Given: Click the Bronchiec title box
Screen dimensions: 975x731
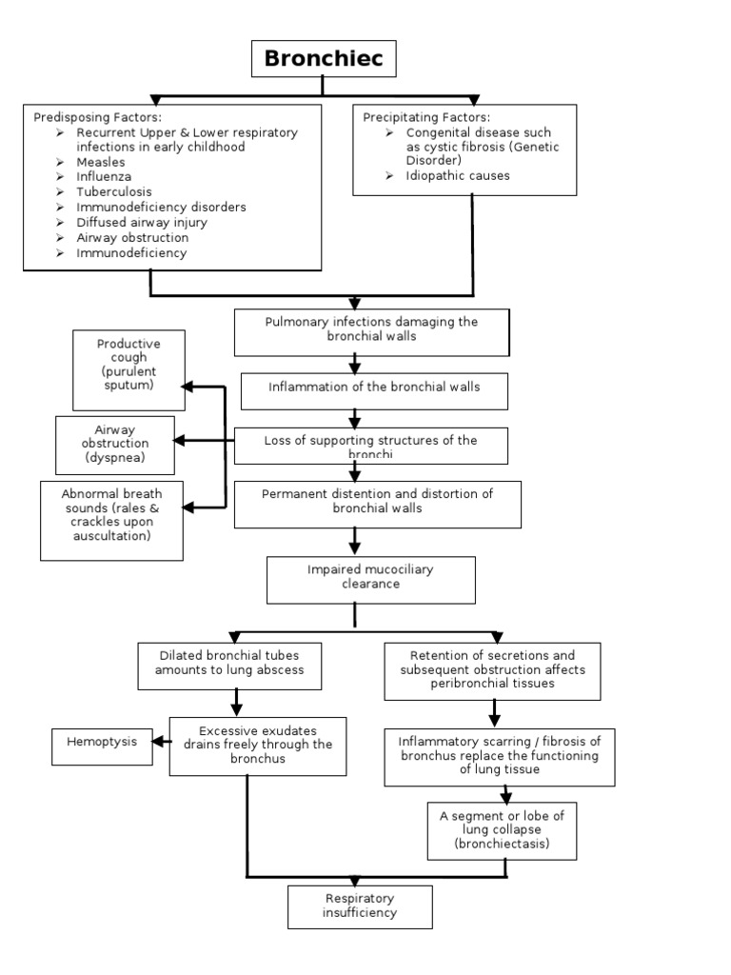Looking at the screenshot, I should point(323,59).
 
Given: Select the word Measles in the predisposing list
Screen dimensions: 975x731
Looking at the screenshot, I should point(100,162).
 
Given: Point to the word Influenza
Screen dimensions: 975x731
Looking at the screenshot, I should point(104,177).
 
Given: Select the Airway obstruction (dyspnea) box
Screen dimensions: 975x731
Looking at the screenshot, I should point(115,444).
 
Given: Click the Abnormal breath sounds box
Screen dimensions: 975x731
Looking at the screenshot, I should point(111,520).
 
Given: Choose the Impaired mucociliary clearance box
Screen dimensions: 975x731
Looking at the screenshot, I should point(370,580).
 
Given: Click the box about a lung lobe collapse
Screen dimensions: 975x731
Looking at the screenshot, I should point(502,830).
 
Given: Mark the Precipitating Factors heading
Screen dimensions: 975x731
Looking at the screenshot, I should point(427,117).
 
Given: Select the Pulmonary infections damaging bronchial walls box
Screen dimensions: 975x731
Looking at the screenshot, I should point(371,329).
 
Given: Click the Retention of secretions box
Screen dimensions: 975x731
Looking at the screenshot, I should point(492,670).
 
